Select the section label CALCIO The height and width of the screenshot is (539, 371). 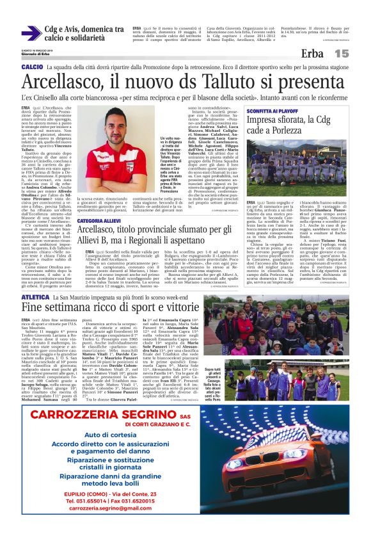(x=31, y=67)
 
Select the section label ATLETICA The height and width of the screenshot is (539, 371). (x=35, y=298)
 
